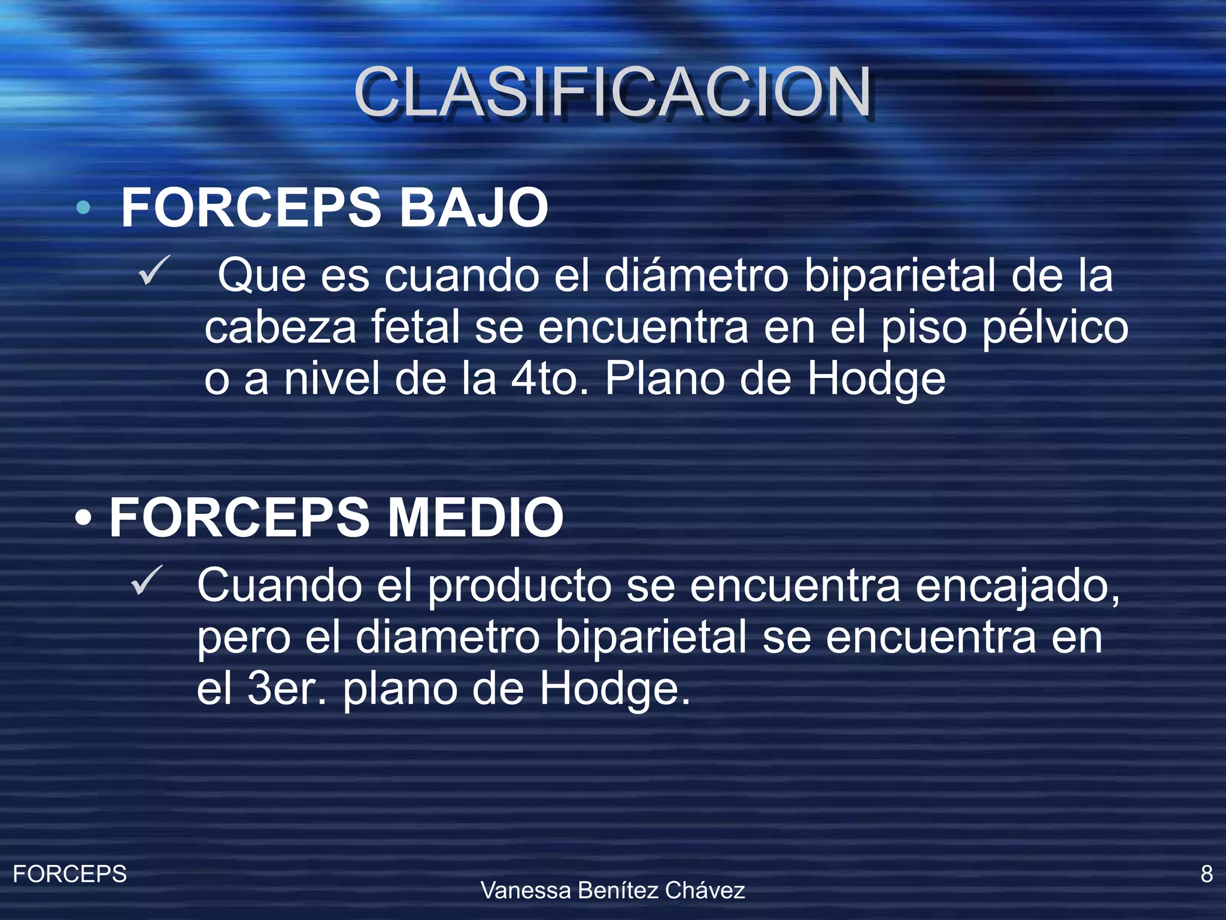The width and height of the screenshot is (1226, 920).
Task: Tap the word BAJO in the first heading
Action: coord(473,208)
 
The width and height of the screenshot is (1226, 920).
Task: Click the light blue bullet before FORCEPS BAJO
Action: coord(83,208)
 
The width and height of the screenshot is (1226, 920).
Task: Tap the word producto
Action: coord(519,585)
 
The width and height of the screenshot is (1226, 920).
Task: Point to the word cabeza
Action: coord(280,328)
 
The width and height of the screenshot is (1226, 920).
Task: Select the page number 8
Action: coord(1206,874)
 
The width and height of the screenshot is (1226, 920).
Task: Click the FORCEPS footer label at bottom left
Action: coord(69,874)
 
